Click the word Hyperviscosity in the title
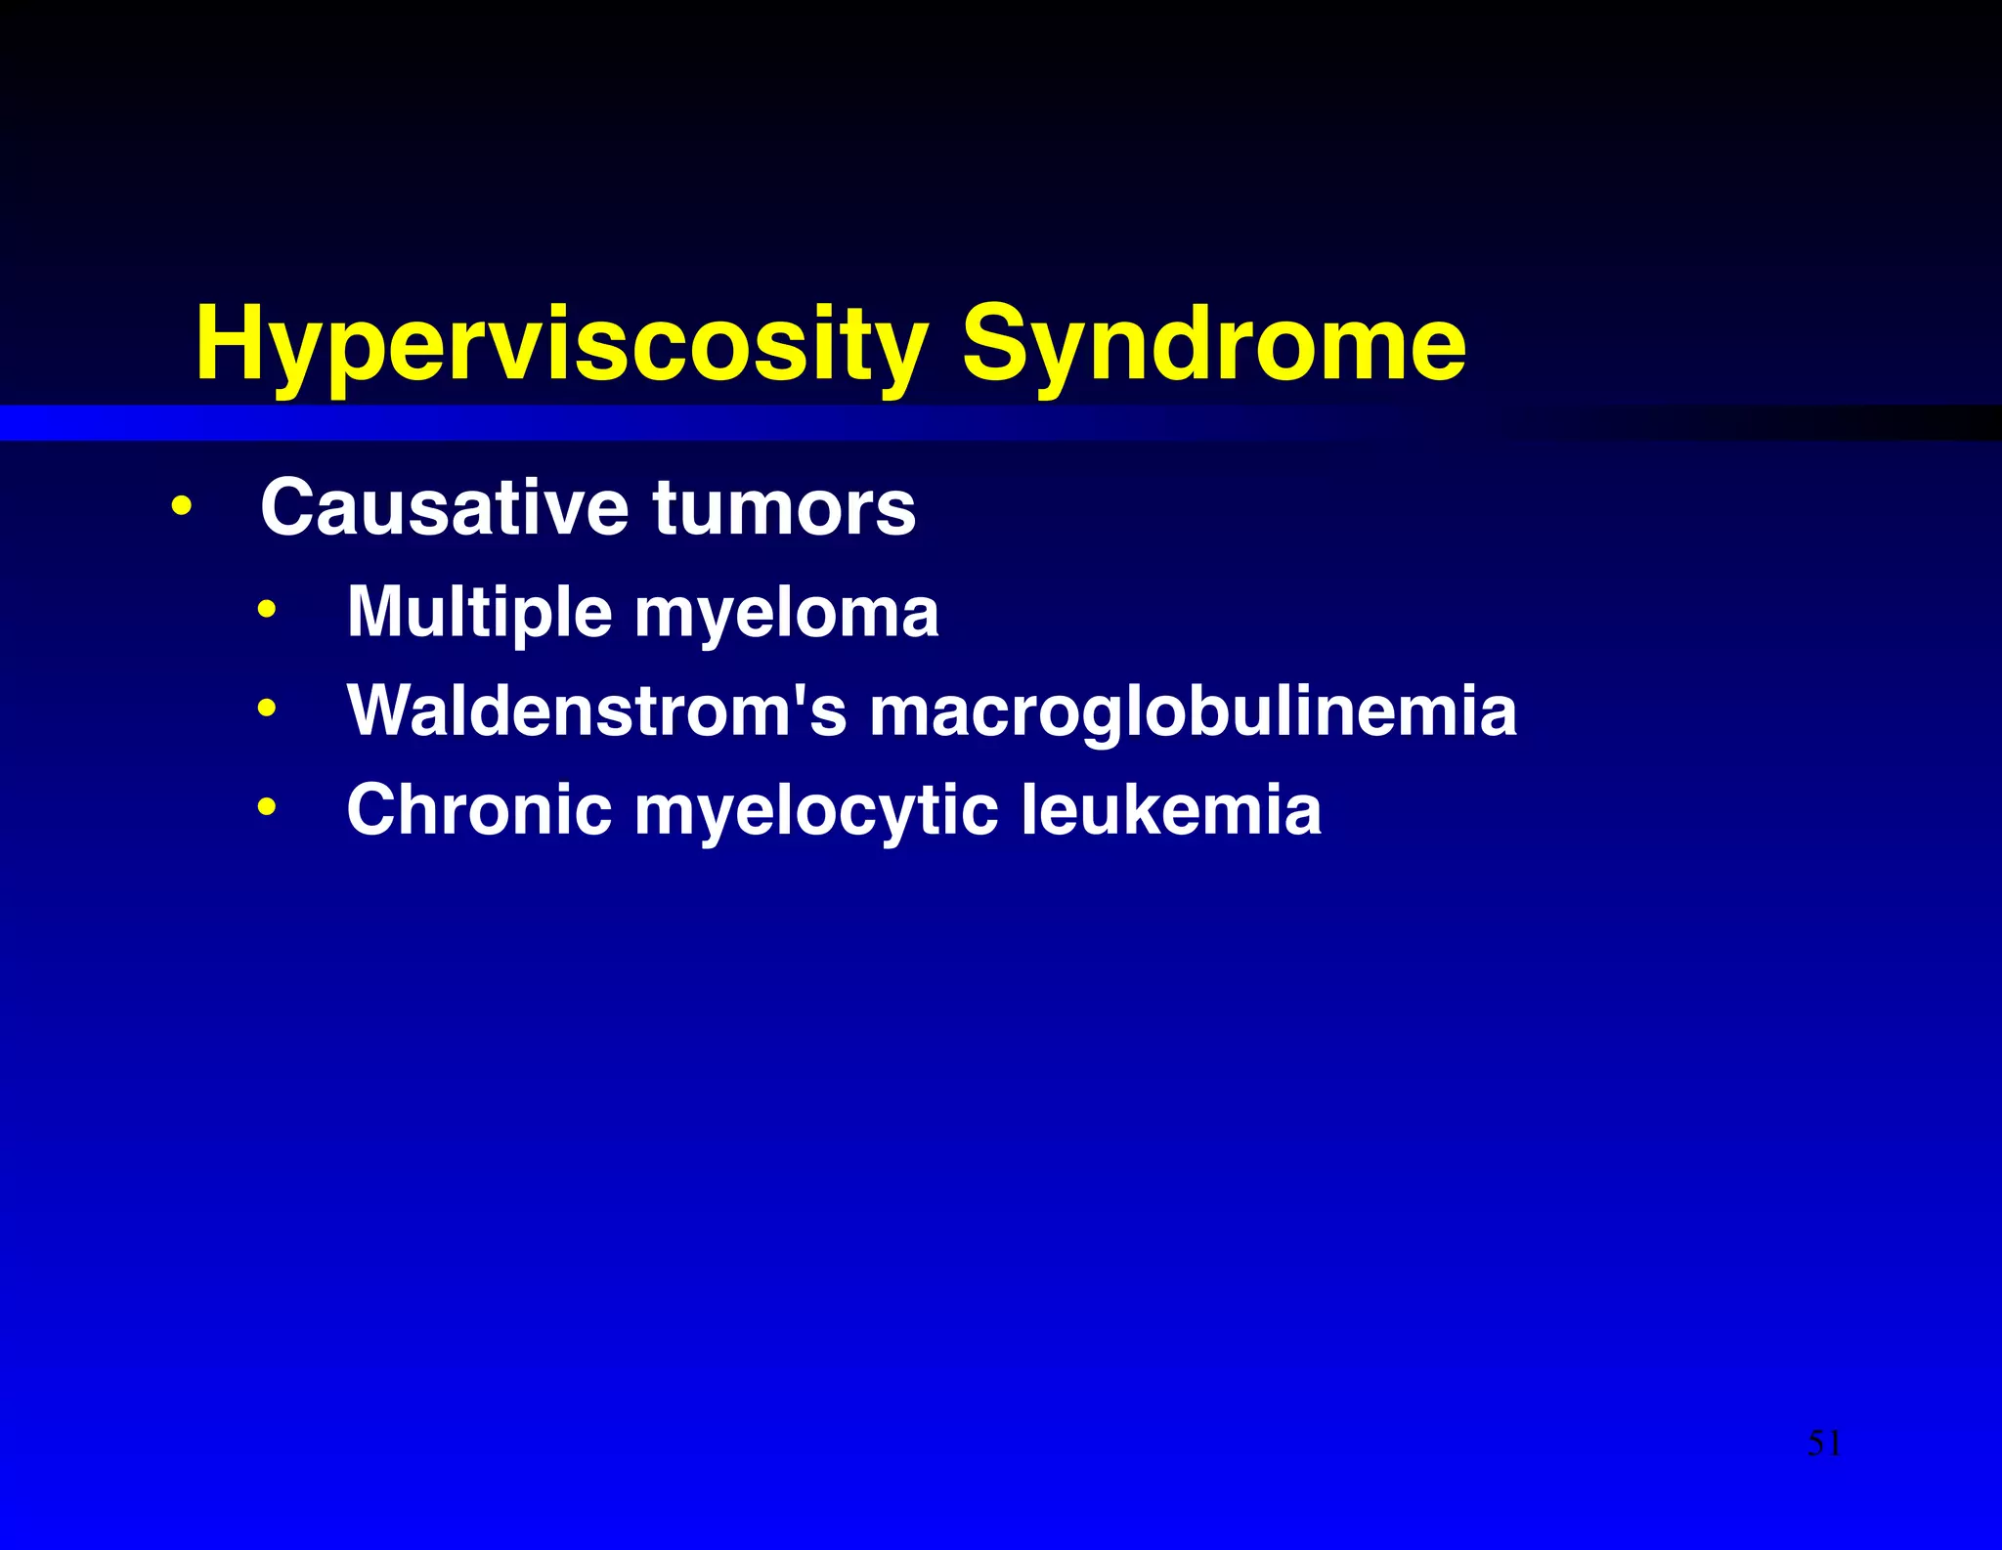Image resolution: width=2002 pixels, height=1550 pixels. coord(560,344)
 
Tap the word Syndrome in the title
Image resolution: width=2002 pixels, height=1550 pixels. coord(1213,344)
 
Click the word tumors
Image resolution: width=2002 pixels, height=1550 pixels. coord(784,508)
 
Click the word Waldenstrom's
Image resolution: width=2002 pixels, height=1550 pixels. coord(596,710)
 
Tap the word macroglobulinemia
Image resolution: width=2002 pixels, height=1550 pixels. coord(1193,711)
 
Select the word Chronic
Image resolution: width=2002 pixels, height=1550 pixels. coord(479,810)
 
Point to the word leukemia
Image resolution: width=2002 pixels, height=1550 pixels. coord(1171,810)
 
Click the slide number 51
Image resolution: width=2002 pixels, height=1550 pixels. coord(1824,1443)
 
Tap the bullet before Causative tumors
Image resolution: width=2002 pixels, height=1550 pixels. coord(181,508)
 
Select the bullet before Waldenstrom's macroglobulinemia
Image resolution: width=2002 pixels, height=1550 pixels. coord(267,709)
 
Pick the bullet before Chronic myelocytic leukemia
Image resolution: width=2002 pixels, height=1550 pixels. coord(267,808)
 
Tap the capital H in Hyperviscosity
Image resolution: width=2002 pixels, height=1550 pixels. coord(235,344)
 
